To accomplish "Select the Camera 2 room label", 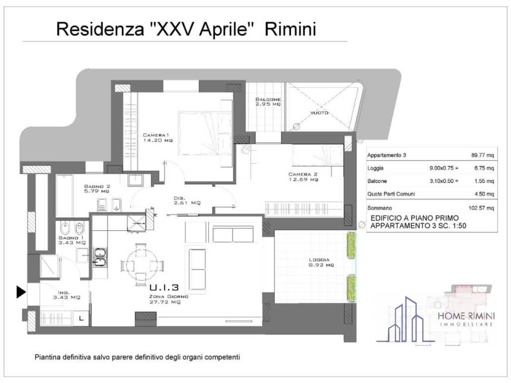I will [x=303, y=177].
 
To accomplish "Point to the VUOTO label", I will [x=319, y=113].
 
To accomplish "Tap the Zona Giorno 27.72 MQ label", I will [x=168, y=300].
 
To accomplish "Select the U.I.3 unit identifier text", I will [x=164, y=287].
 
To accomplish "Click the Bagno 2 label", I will [x=97, y=188].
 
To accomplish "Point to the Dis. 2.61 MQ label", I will [x=188, y=199].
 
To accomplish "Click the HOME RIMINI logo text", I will [x=466, y=317].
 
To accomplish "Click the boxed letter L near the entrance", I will [x=81, y=317].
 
